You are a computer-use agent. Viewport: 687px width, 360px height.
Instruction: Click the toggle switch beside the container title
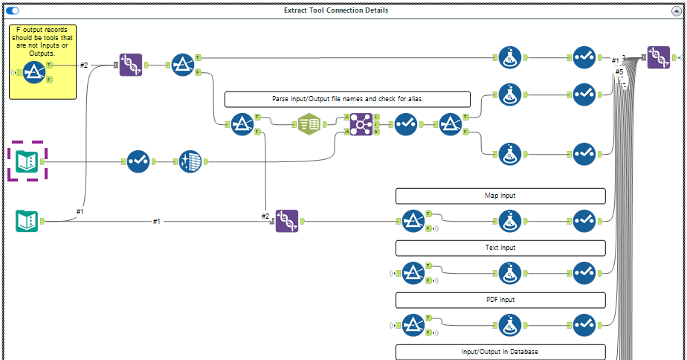(x=13, y=10)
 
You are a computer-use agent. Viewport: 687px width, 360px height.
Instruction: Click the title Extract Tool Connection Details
(x=336, y=10)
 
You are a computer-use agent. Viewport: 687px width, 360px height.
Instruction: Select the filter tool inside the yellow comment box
(x=34, y=72)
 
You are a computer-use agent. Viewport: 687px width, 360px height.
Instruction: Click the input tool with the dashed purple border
(x=27, y=161)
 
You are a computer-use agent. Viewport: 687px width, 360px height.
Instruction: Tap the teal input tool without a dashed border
(x=27, y=221)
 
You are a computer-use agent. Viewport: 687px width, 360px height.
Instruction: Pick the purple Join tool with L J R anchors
(x=361, y=123)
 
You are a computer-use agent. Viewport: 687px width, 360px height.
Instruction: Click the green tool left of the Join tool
(x=309, y=123)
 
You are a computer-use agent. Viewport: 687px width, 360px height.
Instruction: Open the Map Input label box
(x=500, y=196)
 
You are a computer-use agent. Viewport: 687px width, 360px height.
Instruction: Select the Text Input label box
(x=500, y=248)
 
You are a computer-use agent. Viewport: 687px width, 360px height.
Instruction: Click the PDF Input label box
(x=500, y=300)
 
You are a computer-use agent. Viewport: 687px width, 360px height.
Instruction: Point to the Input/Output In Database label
(x=500, y=352)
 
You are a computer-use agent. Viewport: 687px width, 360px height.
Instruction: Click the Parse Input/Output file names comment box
(x=347, y=99)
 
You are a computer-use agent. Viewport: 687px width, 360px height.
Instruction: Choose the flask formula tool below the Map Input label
(x=509, y=221)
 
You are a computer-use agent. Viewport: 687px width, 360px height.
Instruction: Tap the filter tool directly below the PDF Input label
(x=413, y=325)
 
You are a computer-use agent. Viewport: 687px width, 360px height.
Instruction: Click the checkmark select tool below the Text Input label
(x=584, y=273)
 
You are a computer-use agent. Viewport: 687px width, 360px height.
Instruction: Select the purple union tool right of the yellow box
(x=132, y=65)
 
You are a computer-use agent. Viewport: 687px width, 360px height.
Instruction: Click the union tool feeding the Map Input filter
(x=287, y=221)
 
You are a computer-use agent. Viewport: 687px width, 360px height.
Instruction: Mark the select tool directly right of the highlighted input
(x=138, y=161)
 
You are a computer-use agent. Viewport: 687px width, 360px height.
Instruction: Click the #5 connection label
(x=619, y=72)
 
